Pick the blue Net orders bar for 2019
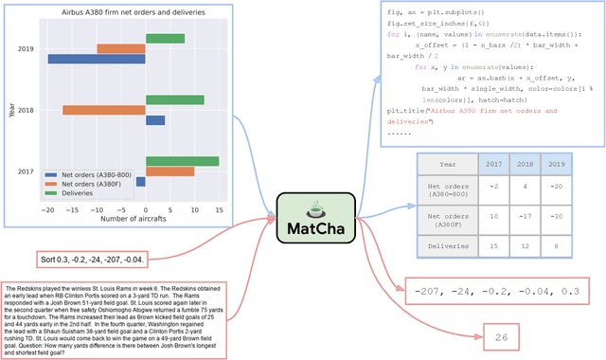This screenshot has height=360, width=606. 97,59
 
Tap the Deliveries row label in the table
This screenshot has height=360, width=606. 447,247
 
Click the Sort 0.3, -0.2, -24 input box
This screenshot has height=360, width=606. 92,259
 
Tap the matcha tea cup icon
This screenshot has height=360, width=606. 315,207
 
